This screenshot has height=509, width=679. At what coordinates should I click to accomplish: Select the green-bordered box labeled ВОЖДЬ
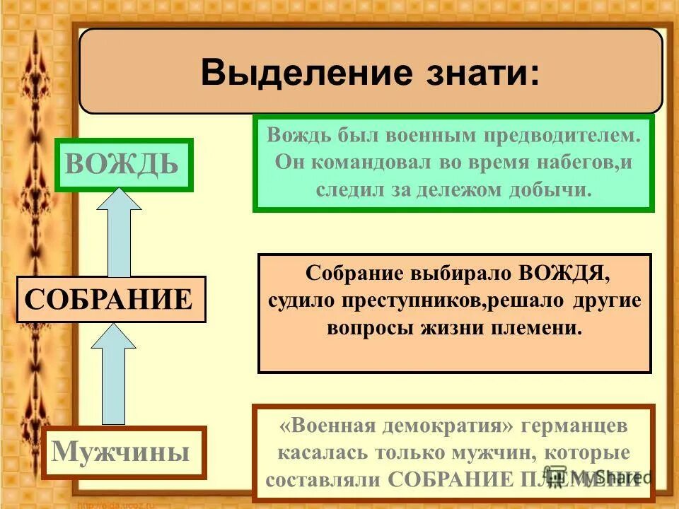123,165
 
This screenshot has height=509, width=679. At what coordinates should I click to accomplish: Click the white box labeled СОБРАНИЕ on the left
110,299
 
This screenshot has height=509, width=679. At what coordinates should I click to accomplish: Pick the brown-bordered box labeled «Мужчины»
123,452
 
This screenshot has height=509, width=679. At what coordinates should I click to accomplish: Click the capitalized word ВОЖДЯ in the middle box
562,273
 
